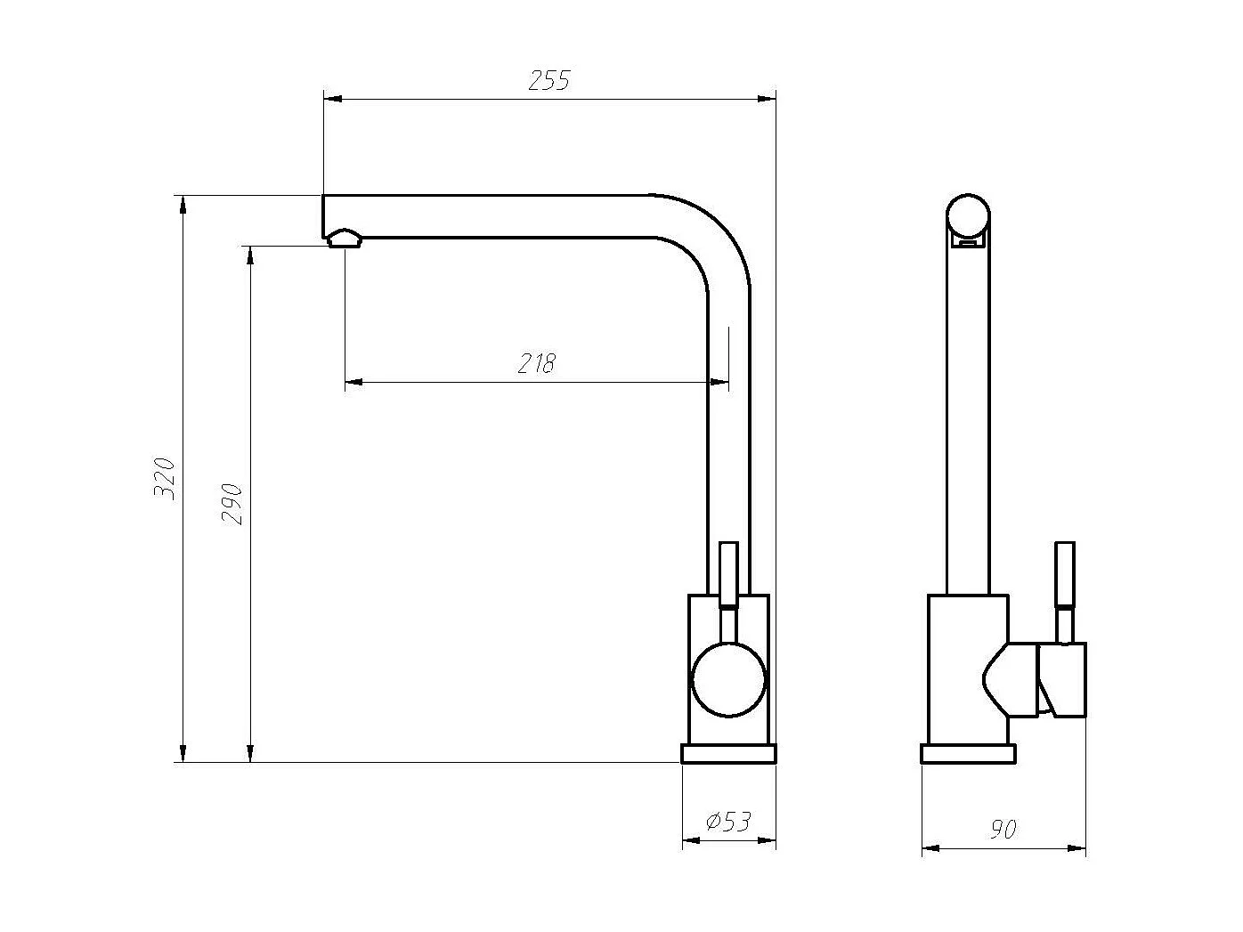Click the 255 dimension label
point(548,81)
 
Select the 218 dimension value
point(537,364)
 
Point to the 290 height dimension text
point(232,504)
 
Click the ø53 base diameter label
point(728,822)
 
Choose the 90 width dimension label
point(1003,831)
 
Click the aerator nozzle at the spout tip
point(344,239)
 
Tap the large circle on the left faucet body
point(728,679)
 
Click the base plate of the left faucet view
point(728,754)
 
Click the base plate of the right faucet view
point(968,754)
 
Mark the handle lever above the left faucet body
point(728,574)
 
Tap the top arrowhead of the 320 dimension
point(183,204)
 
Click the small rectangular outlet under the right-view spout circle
point(967,239)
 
